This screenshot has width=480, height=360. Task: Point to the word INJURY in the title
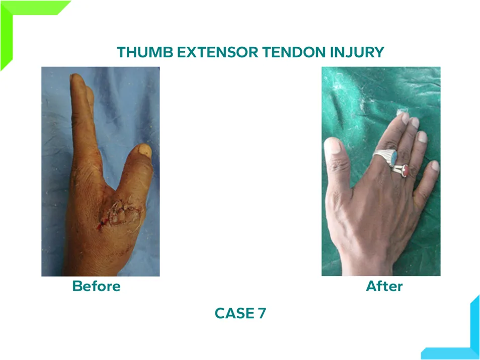tap(357, 52)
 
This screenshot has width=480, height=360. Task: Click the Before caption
tap(97, 286)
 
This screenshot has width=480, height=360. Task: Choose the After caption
tap(384, 286)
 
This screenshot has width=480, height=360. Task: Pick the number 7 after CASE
tap(262, 313)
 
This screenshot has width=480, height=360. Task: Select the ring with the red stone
tap(401, 170)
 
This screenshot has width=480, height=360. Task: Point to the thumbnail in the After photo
tap(332, 145)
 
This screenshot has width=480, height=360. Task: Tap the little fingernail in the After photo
tap(435, 165)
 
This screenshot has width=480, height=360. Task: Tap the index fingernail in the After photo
tap(405, 118)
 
